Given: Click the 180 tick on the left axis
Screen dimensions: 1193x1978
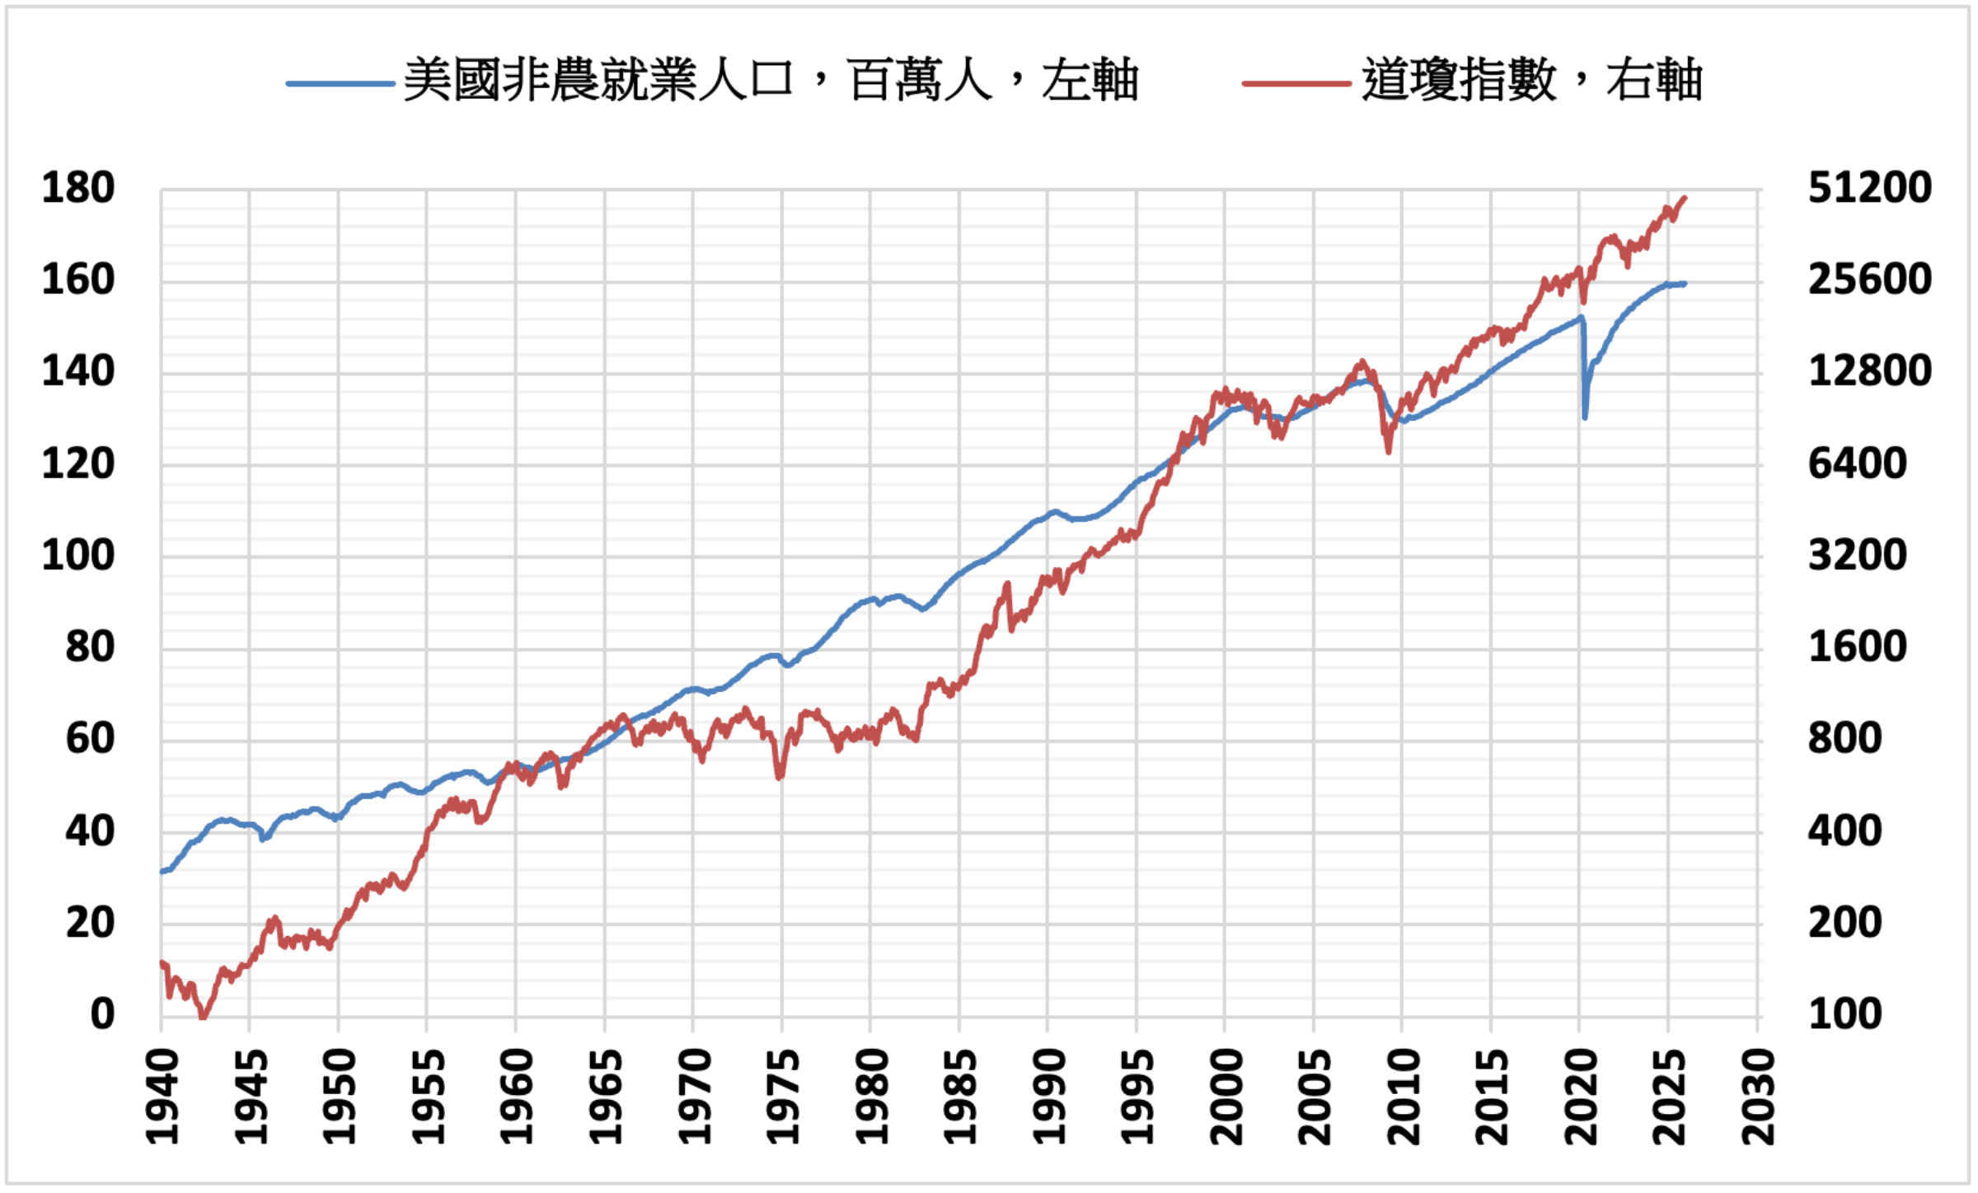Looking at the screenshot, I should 78,189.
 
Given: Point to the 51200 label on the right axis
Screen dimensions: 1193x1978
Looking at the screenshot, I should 1869,189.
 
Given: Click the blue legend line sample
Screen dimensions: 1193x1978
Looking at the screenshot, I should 340,83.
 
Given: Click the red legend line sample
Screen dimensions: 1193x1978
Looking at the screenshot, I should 1296,83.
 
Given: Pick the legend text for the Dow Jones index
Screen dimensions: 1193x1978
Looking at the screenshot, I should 1531,81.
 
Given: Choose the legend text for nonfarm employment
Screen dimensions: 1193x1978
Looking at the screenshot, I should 771,81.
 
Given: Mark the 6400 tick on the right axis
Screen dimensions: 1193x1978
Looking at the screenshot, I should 1857,464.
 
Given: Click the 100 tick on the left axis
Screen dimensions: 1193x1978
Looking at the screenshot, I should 78,556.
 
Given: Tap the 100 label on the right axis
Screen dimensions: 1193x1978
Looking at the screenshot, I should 1844,1014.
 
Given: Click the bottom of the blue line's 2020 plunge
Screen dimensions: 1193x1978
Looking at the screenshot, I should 1585,418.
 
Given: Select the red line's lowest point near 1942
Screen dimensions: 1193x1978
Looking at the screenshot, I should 203,1018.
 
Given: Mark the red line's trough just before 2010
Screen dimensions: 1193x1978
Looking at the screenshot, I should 1389,451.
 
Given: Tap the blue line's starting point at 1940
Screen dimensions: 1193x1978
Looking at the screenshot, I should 162,871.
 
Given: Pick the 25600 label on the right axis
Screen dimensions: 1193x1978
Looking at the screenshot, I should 1869,280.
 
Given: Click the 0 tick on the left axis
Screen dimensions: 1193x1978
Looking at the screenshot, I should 102,1014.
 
